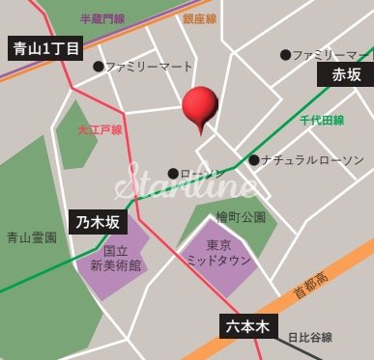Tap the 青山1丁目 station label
tap(45, 49)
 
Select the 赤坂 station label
tap(345, 74)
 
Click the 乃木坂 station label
tap(99, 222)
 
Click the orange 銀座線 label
tap(200, 18)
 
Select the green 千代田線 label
tap(321, 120)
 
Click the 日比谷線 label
tap(309, 338)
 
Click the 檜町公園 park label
tap(241, 217)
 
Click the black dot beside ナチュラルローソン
tap(254, 160)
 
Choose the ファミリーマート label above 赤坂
tap(329, 54)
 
